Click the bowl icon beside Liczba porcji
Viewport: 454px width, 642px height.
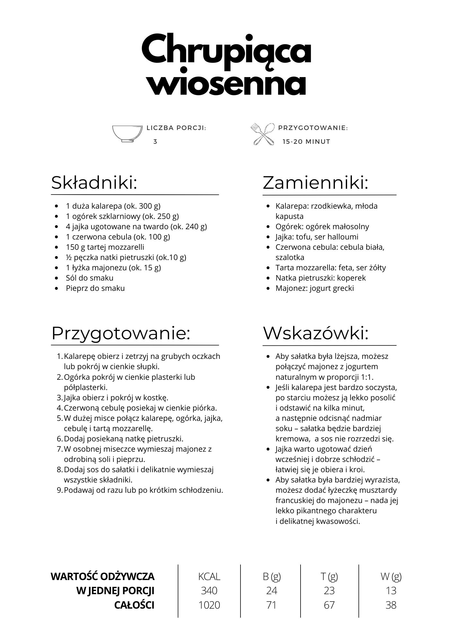point(127,134)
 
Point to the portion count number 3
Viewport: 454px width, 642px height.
point(155,142)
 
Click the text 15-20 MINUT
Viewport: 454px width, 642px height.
point(306,142)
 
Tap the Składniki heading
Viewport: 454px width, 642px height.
point(94,183)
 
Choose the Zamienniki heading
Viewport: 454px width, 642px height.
point(315,183)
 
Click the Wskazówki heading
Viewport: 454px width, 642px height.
point(316,333)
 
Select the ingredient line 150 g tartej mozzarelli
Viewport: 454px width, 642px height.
point(105,247)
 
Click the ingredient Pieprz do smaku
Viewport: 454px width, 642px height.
point(95,288)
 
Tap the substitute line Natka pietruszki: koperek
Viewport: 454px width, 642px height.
point(320,278)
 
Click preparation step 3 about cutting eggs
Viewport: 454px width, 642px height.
point(116,397)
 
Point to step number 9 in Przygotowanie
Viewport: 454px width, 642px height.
point(59,490)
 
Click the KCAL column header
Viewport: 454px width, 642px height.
point(209,577)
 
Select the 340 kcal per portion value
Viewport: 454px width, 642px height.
point(209,591)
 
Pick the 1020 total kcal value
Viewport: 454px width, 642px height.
point(209,605)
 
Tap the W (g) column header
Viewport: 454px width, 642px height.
point(391,577)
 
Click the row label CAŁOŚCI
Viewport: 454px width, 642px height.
point(134,605)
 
